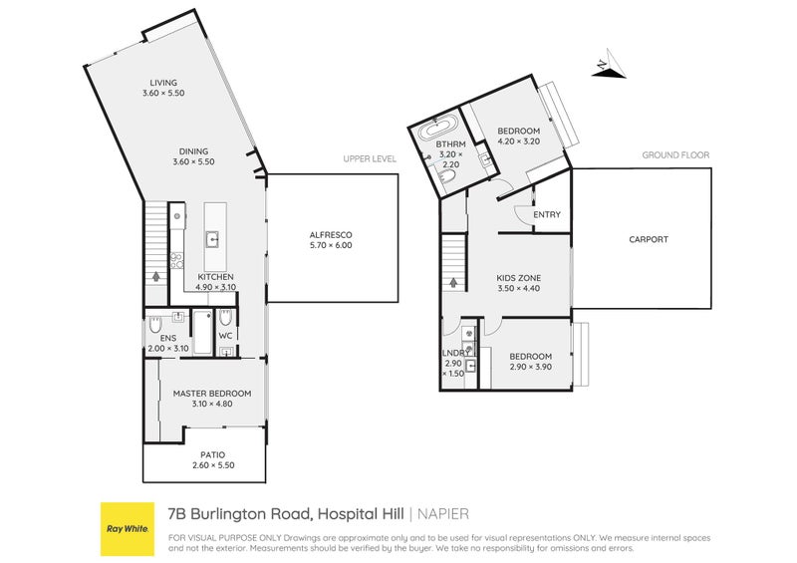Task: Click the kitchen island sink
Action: (x=213, y=238)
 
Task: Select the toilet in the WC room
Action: (x=225, y=318)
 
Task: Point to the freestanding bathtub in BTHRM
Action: (x=438, y=129)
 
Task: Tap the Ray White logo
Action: (x=128, y=528)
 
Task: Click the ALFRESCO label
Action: (x=330, y=234)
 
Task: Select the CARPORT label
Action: (x=649, y=239)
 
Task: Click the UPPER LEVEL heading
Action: (x=370, y=158)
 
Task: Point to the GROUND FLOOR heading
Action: (x=673, y=155)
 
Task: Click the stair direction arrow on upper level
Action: (x=154, y=280)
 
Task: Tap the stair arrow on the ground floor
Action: (x=454, y=282)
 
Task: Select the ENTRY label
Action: (x=547, y=214)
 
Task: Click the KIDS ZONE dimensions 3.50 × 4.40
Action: (x=518, y=289)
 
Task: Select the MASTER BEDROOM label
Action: (x=211, y=394)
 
